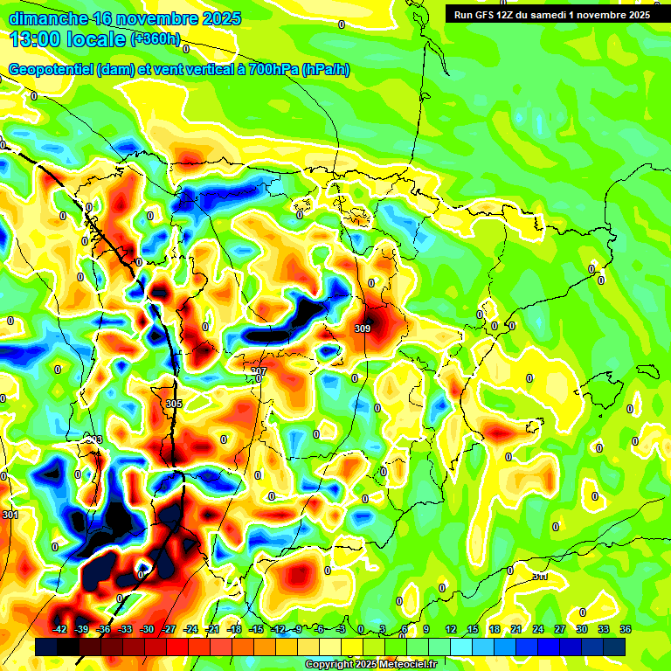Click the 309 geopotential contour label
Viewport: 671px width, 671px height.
click(363, 329)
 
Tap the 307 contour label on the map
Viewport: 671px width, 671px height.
click(258, 371)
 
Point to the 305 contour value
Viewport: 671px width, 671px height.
click(174, 404)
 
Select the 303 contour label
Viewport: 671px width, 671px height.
click(94, 439)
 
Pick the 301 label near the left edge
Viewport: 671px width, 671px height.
click(10, 515)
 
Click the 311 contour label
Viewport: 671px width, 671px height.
click(540, 576)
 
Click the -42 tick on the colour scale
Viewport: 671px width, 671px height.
click(60, 629)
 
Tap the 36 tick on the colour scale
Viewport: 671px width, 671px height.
click(626, 629)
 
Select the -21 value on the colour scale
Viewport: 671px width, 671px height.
click(212, 629)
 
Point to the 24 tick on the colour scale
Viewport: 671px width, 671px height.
click(538, 629)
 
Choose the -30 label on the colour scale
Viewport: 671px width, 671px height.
click(147, 629)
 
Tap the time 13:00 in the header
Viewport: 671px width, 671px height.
click(41, 38)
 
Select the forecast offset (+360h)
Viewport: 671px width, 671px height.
click(156, 38)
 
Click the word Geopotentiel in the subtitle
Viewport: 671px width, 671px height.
click(51, 70)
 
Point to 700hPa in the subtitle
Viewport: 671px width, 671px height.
click(271, 70)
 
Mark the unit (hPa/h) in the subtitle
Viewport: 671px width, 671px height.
click(325, 70)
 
